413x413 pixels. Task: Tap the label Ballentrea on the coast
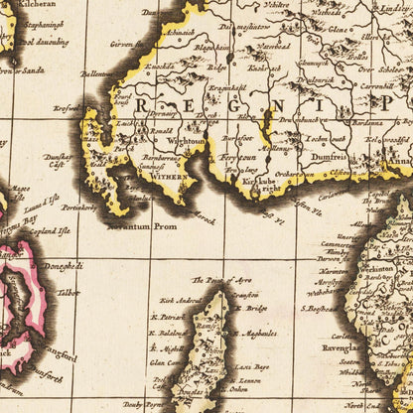click(95, 71)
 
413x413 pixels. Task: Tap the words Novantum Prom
click(125, 224)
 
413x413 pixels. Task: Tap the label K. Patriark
click(170, 317)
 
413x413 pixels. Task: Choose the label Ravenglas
click(344, 347)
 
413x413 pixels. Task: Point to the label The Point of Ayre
click(218, 280)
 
